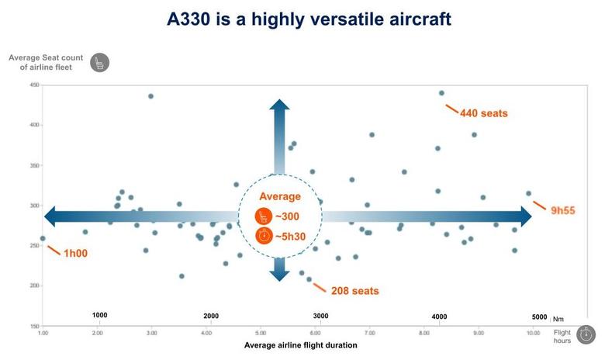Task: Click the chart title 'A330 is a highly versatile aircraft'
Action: pos(309,19)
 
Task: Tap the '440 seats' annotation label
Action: pos(483,113)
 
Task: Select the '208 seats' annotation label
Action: pos(354,291)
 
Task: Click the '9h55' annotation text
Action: pos(563,211)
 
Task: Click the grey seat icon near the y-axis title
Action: pos(99,63)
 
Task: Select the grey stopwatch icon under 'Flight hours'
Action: pos(586,334)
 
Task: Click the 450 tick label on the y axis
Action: pos(34,85)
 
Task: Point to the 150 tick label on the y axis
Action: pos(34,326)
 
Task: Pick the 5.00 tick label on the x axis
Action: pos(261,333)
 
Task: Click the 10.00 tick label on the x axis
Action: pos(533,333)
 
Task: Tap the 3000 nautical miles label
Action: pos(320,316)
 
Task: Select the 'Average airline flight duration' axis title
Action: pos(301,345)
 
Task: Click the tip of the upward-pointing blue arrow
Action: pos(279,101)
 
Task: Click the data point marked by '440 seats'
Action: pos(441,93)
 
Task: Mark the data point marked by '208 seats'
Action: pos(309,279)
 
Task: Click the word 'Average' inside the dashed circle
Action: pos(279,196)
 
